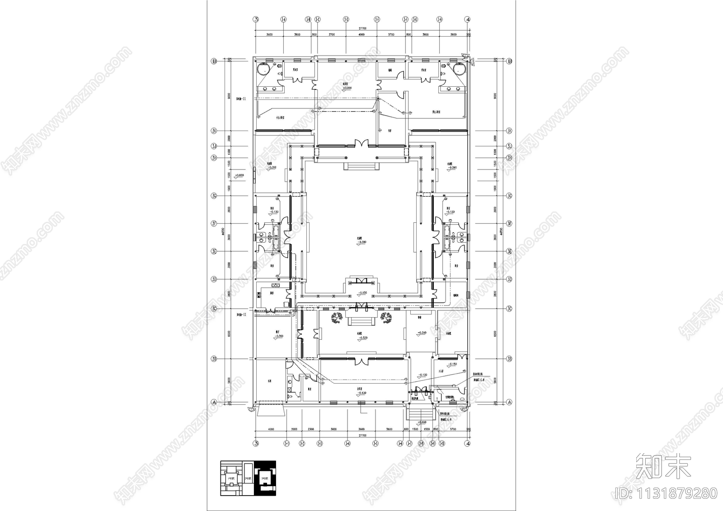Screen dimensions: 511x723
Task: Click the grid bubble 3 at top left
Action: click(x=256, y=19)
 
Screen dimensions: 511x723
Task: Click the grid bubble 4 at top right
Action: click(x=468, y=19)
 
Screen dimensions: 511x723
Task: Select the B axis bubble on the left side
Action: click(x=216, y=61)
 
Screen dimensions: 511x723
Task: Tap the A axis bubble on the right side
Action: click(x=509, y=402)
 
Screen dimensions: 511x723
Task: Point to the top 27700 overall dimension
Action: click(x=361, y=28)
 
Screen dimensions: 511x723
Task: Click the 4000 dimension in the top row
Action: click(x=361, y=34)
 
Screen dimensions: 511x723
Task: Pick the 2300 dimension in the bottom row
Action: click(x=310, y=429)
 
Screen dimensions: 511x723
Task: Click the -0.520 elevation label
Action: click(x=361, y=338)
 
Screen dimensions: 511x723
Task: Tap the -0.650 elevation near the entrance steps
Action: click(x=423, y=422)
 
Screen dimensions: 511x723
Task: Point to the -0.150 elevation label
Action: click(x=451, y=364)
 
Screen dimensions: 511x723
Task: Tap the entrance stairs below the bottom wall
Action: click(x=420, y=413)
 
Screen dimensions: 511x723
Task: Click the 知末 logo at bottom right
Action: click(x=663, y=466)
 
